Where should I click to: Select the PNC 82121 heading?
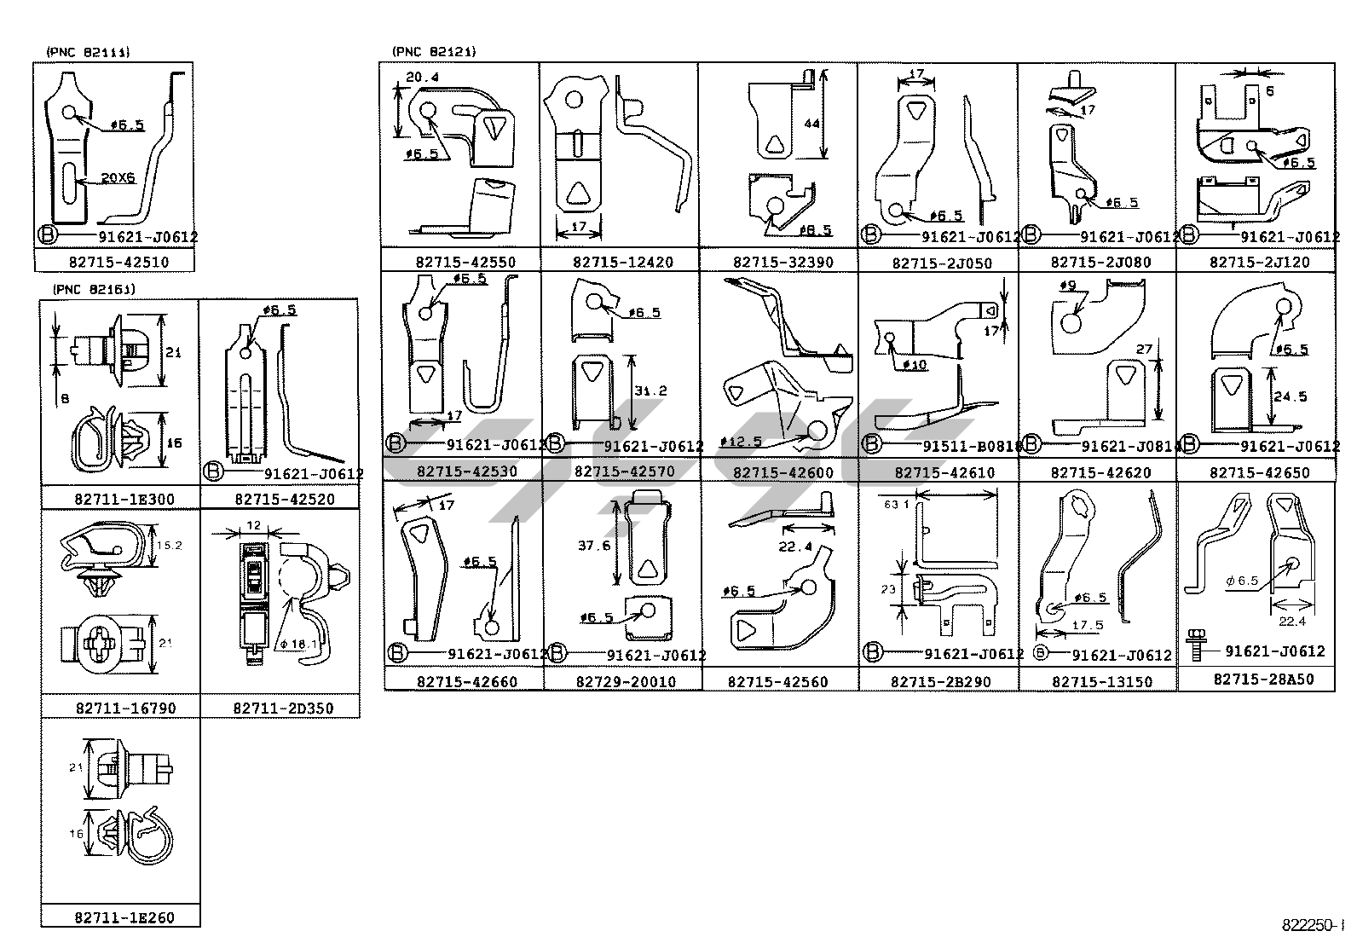(434, 52)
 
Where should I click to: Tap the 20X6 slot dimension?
(118, 178)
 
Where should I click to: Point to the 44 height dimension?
(811, 124)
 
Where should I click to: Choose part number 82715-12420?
(622, 263)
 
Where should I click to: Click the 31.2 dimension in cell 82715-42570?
(650, 390)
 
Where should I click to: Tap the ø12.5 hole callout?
(740, 442)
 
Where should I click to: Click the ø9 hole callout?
(1069, 286)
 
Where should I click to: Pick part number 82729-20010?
(626, 682)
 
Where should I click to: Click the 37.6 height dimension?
(594, 545)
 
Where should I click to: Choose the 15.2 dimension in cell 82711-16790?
(171, 545)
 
